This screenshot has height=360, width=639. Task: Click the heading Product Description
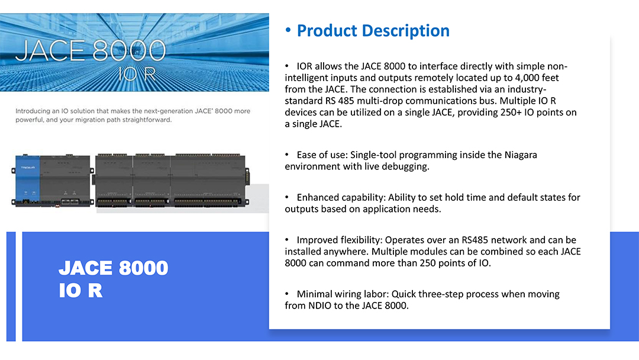tap(373, 31)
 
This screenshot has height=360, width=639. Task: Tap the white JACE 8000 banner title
tap(91, 51)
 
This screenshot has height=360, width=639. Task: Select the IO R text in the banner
tap(137, 74)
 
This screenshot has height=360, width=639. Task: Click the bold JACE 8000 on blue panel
tap(113, 268)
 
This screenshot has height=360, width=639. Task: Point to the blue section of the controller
tap(28, 179)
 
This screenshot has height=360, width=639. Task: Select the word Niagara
tap(521, 155)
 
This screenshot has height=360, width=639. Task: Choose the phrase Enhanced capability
tap(341, 198)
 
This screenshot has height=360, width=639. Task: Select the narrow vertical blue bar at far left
tap(11, 286)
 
